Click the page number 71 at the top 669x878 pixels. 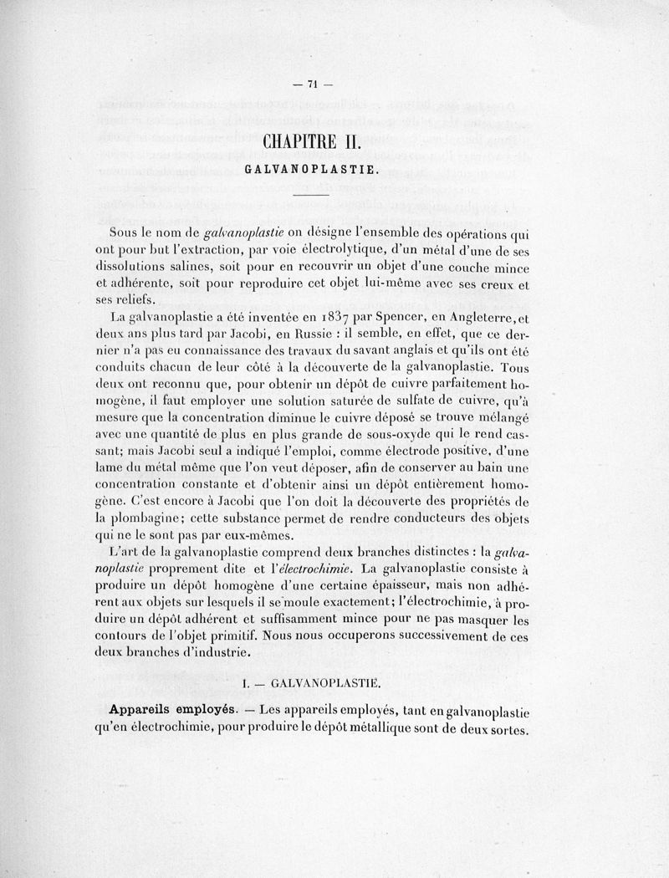click(x=314, y=83)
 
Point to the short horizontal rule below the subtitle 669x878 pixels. click(x=313, y=196)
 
